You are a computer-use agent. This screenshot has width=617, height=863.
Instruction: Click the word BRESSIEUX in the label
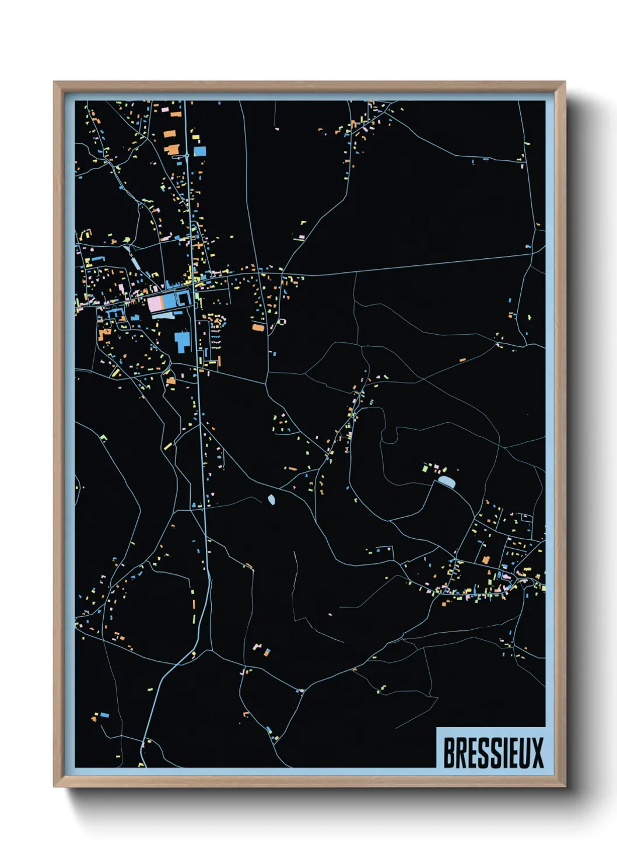tap(493, 753)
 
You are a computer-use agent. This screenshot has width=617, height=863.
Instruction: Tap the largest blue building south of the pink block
tap(183, 341)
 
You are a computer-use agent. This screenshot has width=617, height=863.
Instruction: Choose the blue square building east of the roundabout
tap(200, 151)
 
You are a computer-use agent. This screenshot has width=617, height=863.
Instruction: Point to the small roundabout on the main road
tap(185, 156)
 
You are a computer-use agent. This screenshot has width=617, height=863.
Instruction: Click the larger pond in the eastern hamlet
tap(447, 481)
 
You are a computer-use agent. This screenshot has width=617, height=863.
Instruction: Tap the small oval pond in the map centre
tap(272, 499)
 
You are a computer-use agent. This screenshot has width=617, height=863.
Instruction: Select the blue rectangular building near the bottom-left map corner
tap(104, 714)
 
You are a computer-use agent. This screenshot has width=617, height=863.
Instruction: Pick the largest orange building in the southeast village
tap(486, 560)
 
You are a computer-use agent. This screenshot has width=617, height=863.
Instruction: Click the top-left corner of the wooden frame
tap(54, 82)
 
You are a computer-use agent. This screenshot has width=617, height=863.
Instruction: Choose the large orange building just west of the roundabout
tap(172, 149)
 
